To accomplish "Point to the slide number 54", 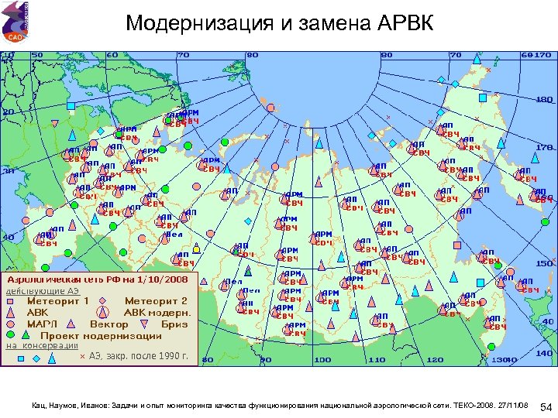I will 545,406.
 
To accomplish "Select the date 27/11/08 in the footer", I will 512,405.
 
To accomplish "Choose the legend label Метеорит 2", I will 156,300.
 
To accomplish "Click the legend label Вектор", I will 109,324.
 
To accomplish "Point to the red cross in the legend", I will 82,357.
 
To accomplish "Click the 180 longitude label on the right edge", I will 545,100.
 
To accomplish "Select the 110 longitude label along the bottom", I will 377,360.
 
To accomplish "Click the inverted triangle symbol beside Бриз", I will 144,324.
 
